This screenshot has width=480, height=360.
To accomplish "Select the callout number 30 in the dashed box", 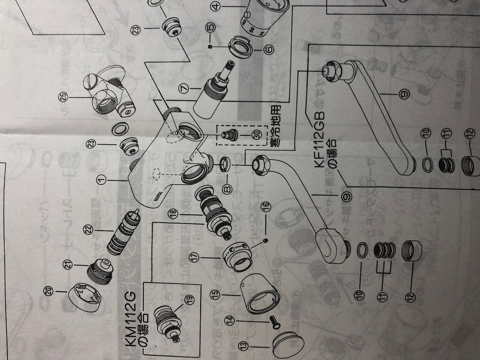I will (x=255, y=134).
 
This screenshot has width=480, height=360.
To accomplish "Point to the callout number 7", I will (x=183, y=87).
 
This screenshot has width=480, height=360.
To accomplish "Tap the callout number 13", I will (x=242, y=345).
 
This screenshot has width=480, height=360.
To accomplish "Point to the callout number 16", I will (x=265, y=206).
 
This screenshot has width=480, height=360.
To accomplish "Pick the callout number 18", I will (x=174, y=215).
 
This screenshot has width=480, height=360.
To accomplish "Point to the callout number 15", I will (x=214, y=294).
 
